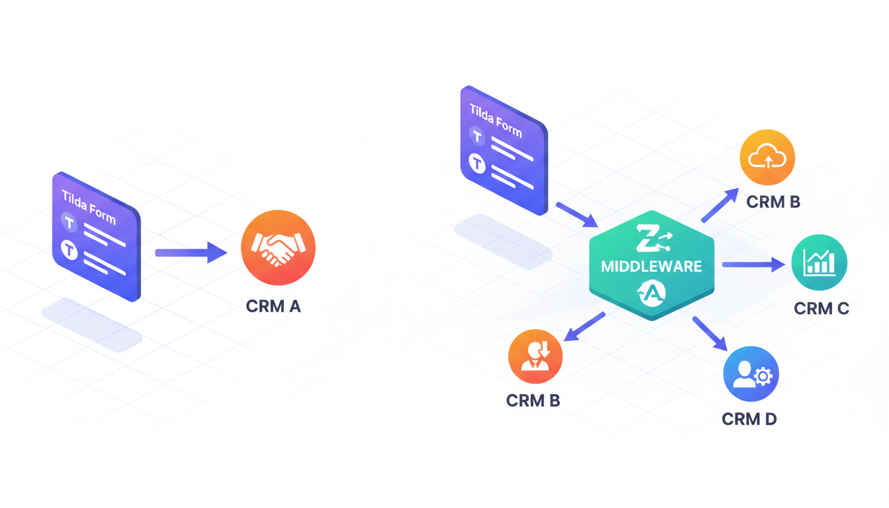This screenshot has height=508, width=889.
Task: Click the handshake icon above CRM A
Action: click(278, 247)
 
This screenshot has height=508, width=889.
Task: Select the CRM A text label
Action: click(273, 306)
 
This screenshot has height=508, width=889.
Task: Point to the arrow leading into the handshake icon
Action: click(190, 252)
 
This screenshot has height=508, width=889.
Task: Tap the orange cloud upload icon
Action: click(767, 157)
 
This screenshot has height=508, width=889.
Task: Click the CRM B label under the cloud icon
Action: click(773, 202)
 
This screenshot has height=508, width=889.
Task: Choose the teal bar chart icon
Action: click(819, 263)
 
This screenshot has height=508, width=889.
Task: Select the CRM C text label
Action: click(821, 308)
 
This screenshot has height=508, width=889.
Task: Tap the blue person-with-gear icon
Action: click(751, 374)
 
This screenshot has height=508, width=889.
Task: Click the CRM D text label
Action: click(749, 419)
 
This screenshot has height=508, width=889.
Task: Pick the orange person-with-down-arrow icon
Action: click(535, 356)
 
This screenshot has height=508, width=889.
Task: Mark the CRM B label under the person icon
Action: click(532, 400)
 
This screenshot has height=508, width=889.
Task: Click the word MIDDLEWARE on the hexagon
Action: click(652, 267)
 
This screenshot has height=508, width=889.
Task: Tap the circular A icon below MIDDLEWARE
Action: click(652, 293)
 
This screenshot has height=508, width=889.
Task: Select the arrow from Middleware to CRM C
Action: click(753, 265)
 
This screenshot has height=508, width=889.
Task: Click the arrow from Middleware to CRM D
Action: click(710, 333)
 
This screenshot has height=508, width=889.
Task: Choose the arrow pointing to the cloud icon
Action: click(720, 205)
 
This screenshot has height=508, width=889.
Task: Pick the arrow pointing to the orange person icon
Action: click(584, 327)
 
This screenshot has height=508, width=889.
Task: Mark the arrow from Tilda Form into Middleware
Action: click(577, 215)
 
